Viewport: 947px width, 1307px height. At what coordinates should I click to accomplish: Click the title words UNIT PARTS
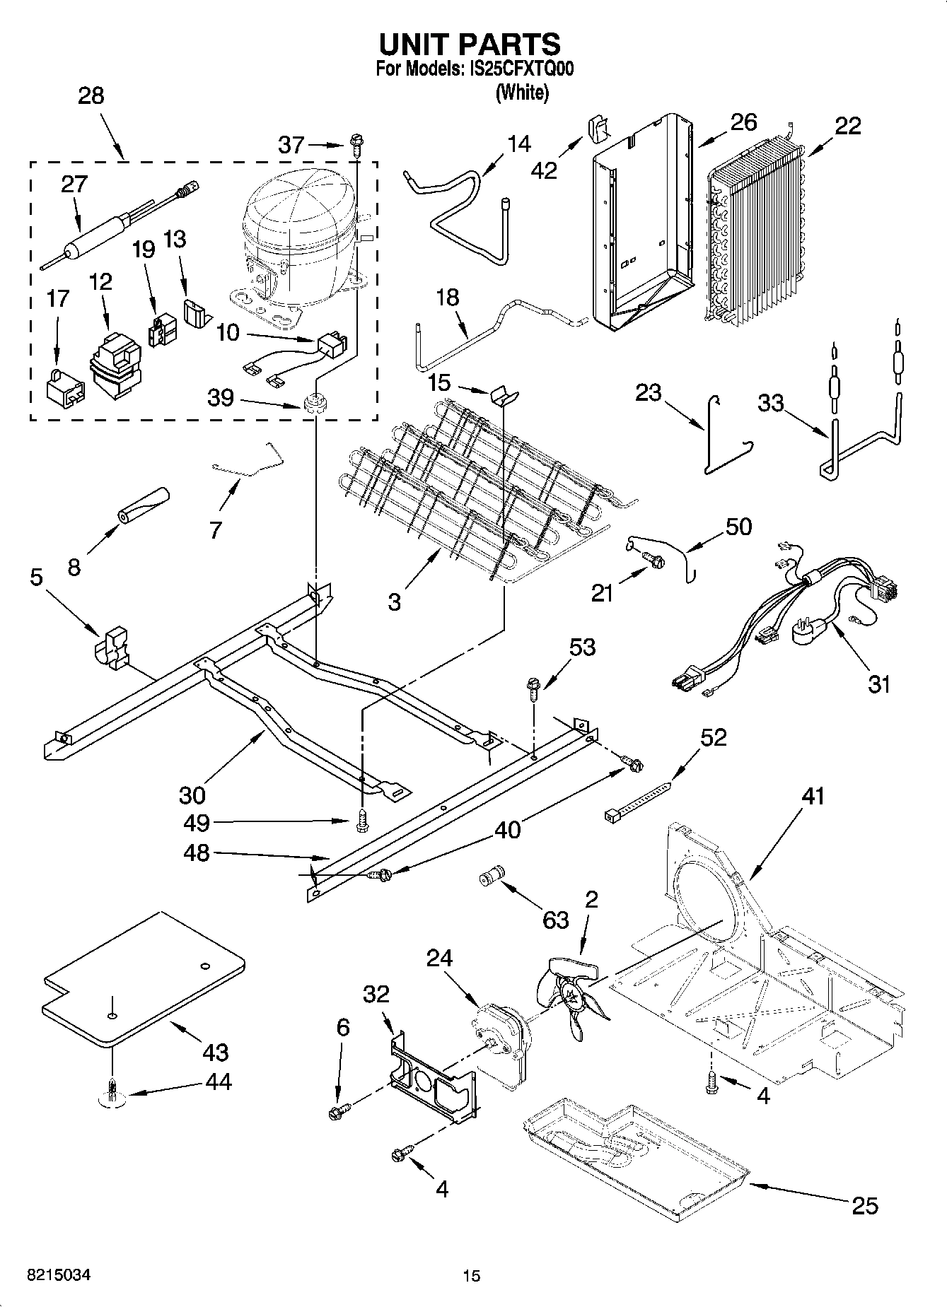(470, 44)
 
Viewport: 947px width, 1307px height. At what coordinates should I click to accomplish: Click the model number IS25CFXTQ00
(518, 69)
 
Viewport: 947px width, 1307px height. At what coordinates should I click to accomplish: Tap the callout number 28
(91, 96)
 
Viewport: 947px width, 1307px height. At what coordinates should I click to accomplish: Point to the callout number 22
(848, 126)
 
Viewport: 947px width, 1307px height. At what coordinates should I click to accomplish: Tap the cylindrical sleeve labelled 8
(144, 505)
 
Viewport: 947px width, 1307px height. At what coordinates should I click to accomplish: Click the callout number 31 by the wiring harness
(878, 684)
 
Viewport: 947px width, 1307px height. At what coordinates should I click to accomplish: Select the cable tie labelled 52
(638, 799)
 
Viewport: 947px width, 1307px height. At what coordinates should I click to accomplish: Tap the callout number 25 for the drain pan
(865, 1205)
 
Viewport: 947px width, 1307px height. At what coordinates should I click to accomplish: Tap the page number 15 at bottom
(471, 1275)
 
